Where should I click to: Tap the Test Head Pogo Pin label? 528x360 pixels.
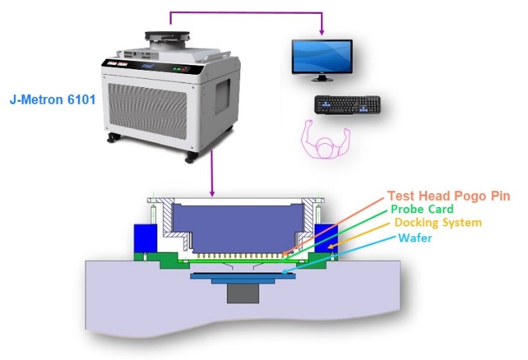point(448,196)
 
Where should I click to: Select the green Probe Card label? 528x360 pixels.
point(422,209)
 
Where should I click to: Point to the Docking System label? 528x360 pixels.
point(437,223)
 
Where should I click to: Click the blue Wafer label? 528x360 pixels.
point(415,237)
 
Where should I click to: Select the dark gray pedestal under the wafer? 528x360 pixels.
point(243,291)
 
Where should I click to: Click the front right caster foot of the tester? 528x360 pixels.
point(189,158)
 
